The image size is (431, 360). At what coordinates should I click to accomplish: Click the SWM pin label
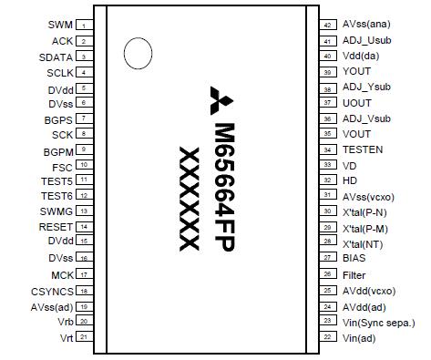pos(60,25)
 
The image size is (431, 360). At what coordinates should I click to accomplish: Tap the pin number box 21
pos(83,337)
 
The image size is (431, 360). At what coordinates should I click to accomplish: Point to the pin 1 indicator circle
pos(136,53)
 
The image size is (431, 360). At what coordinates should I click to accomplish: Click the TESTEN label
pos(363,149)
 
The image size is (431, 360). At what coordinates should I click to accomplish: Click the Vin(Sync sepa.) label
pos(378,322)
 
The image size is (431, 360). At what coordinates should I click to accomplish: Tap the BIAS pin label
pos(354,258)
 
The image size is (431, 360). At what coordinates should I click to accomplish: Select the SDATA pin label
pos(56,57)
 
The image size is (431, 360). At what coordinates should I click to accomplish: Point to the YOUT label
pos(356,72)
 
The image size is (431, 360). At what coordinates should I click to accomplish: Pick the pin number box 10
pos(83,165)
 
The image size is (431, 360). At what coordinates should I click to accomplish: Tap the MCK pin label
pos(62,274)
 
